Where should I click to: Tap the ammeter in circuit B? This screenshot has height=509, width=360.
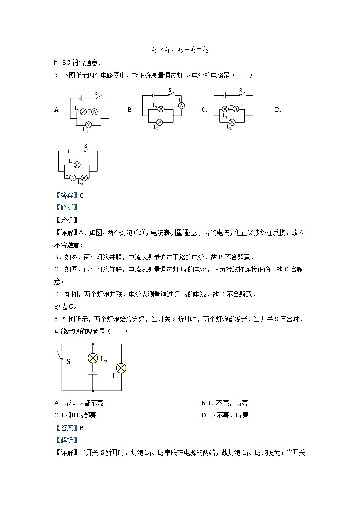(180, 105)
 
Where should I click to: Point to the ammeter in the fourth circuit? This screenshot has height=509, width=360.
(72, 177)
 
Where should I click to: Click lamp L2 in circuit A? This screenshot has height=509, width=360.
(89, 124)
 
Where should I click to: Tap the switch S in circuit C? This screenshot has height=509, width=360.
(242, 94)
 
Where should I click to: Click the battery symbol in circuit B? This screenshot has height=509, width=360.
(154, 95)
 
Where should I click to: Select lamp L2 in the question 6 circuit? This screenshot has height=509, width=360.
(93, 358)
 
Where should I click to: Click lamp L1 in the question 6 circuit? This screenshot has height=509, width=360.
(121, 368)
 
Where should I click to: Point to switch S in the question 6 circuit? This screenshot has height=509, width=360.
(61, 357)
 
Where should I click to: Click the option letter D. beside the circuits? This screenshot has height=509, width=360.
(278, 110)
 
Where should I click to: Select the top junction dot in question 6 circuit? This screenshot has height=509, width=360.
(93, 344)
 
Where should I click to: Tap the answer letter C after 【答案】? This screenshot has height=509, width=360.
(82, 195)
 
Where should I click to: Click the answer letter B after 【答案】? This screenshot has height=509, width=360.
(82, 427)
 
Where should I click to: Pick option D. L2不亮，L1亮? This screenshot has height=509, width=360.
(225, 415)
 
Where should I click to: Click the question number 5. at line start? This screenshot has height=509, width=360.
(56, 75)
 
